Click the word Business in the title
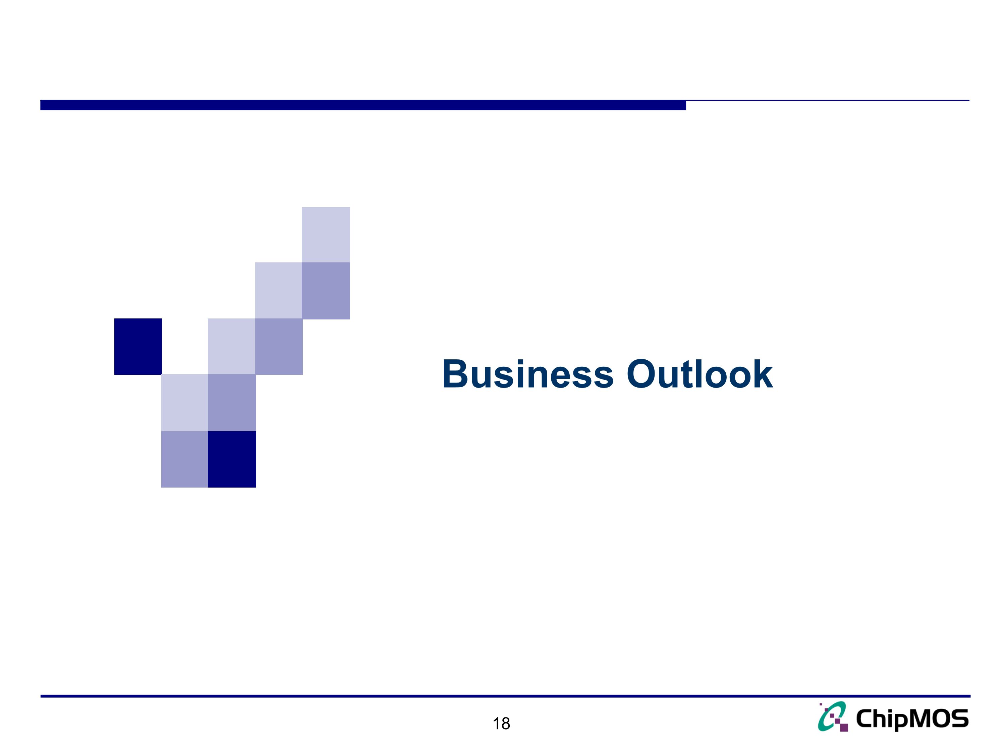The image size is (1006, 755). point(527,374)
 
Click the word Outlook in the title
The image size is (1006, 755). point(700,374)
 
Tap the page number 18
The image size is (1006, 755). point(501,723)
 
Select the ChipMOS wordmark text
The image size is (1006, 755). point(912,719)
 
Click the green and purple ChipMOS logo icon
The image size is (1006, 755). point(833,717)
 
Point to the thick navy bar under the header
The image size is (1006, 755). point(363,105)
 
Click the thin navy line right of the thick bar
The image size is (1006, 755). point(828,100)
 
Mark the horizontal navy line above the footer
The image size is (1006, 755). point(505,696)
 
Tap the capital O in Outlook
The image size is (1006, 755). point(642,374)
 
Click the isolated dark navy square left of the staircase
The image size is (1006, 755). point(138,346)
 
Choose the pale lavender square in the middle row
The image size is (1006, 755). point(231,346)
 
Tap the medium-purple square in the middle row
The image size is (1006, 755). point(279,346)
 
